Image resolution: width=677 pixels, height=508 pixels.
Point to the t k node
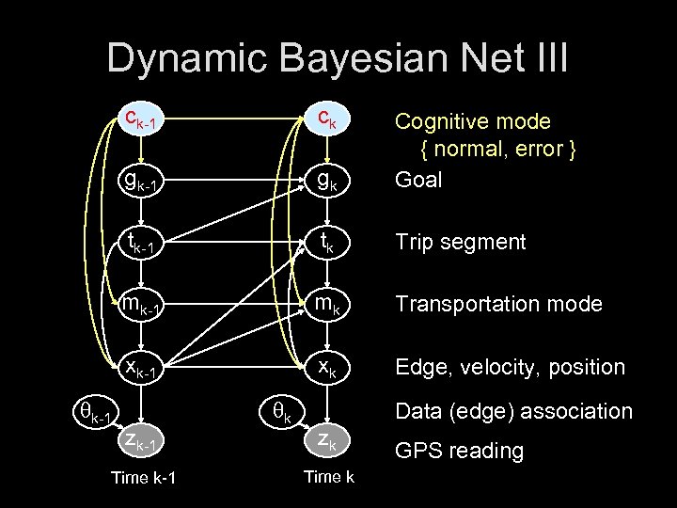[325, 243]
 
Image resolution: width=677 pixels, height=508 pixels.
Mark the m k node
[325, 305]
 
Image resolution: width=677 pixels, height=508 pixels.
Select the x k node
[325, 367]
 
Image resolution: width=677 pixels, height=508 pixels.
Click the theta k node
[279, 412]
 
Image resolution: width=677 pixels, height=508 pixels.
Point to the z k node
[325, 440]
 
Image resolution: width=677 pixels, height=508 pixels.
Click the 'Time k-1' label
[143, 478]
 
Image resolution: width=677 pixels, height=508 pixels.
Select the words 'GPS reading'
[459, 451]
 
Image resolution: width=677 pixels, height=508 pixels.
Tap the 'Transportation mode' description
[498, 304]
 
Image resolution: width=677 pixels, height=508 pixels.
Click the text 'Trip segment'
[460, 242]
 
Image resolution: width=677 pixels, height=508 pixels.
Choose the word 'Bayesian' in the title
[350, 57]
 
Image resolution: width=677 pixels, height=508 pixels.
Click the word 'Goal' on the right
[418, 180]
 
